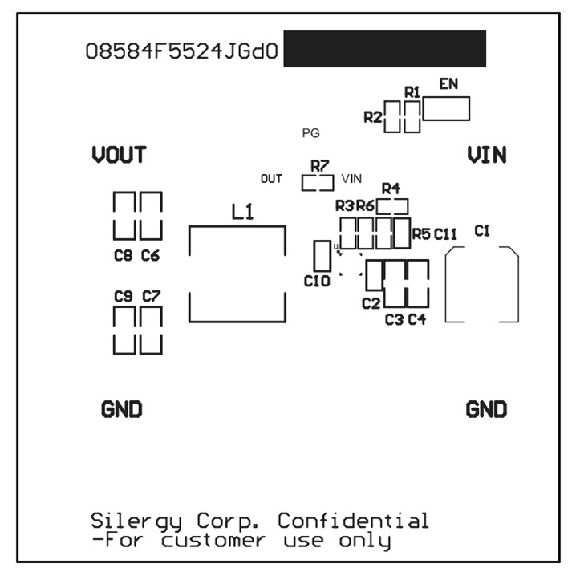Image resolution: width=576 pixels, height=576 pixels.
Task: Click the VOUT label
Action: click(x=119, y=155)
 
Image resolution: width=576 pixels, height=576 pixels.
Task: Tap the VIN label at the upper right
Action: click(x=486, y=155)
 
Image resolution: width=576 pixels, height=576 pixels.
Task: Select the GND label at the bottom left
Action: click(x=122, y=410)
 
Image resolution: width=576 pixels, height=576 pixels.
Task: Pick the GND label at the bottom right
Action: click(x=486, y=410)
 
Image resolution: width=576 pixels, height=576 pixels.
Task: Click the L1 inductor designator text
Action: click(x=242, y=213)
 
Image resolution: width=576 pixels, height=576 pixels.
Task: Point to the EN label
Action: click(x=448, y=83)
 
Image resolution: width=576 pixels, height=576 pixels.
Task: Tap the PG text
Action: click(x=310, y=133)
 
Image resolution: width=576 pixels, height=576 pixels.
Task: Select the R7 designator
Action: click(x=319, y=166)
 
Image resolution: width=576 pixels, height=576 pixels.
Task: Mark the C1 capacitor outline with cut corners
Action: click(x=481, y=285)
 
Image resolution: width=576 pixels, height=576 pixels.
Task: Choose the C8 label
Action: click(x=123, y=257)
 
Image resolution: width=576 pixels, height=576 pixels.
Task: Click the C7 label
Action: click(x=151, y=296)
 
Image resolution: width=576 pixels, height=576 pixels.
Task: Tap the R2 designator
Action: click(x=373, y=117)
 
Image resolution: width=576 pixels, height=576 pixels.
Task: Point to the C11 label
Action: click(x=445, y=234)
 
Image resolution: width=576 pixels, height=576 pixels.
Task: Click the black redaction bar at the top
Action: click(x=385, y=49)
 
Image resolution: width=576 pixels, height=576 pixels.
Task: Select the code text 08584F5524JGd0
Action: click(x=182, y=52)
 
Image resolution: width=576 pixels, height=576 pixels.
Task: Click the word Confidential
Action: click(x=353, y=521)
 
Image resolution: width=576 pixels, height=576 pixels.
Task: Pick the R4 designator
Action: click(x=391, y=188)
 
